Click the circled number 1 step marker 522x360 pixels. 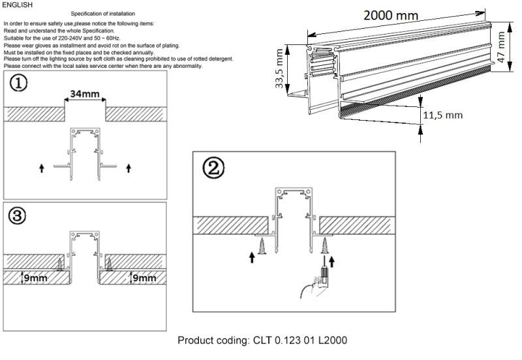[18, 85]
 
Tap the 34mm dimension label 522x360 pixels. [85, 94]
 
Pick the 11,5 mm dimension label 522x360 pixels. [442, 115]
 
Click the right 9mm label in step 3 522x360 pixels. [144, 278]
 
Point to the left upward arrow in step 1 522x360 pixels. [42, 168]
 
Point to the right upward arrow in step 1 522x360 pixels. [128, 168]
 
